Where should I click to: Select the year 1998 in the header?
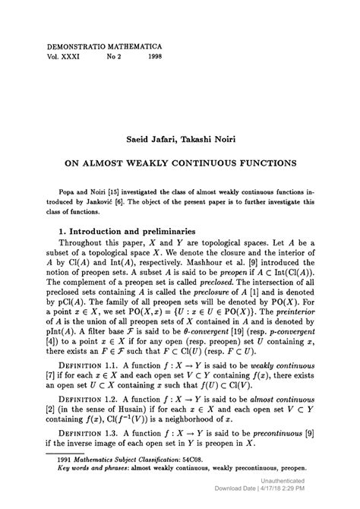coord(155,56)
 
